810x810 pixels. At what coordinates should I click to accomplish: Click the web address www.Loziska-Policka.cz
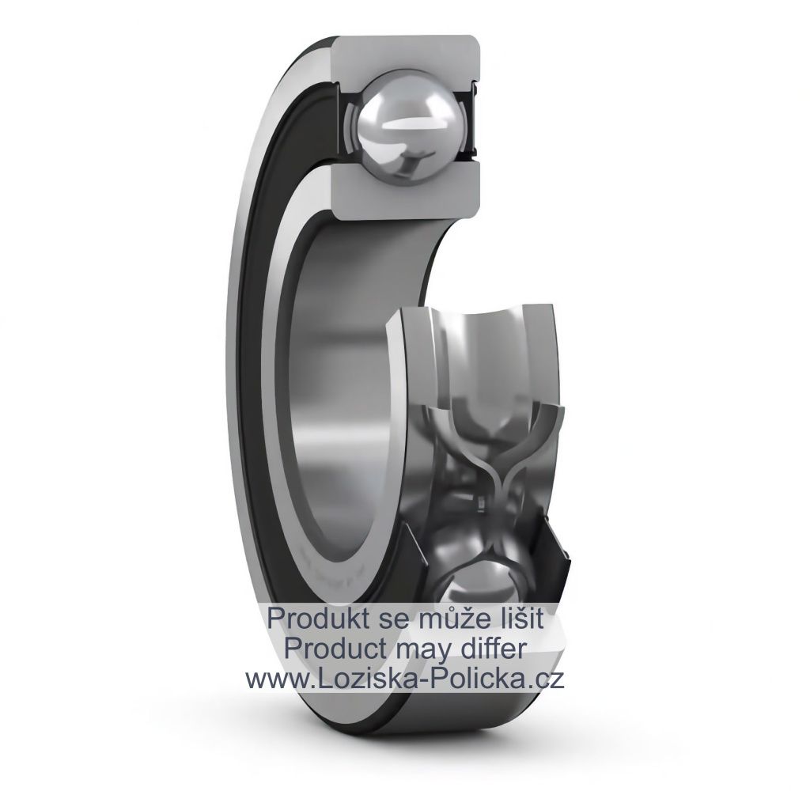[404, 679]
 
